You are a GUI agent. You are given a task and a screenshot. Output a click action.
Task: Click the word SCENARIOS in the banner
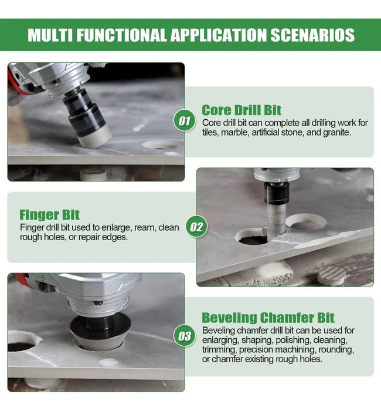(312, 35)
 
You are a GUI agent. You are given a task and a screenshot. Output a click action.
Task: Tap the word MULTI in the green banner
(50, 35)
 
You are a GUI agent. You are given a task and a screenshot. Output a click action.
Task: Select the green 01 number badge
(185, 121)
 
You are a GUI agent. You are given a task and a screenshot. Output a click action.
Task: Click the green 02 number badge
(196, 227)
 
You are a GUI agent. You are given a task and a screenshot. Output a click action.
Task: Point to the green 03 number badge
(185, 336)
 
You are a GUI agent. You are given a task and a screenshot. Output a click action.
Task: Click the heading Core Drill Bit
(241, 110)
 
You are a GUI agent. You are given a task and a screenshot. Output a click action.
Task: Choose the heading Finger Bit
(49, 215)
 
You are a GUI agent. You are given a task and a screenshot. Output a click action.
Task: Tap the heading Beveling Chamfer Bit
(268, 318)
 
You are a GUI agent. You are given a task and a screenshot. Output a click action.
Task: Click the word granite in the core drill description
(337, 132)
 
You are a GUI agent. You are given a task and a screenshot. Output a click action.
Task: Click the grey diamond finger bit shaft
(276, 220)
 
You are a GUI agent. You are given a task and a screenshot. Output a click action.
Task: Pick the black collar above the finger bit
(277, 193)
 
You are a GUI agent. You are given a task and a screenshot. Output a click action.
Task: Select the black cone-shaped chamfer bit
(101, 333)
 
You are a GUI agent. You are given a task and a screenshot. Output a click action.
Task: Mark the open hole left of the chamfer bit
(23, 341)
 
